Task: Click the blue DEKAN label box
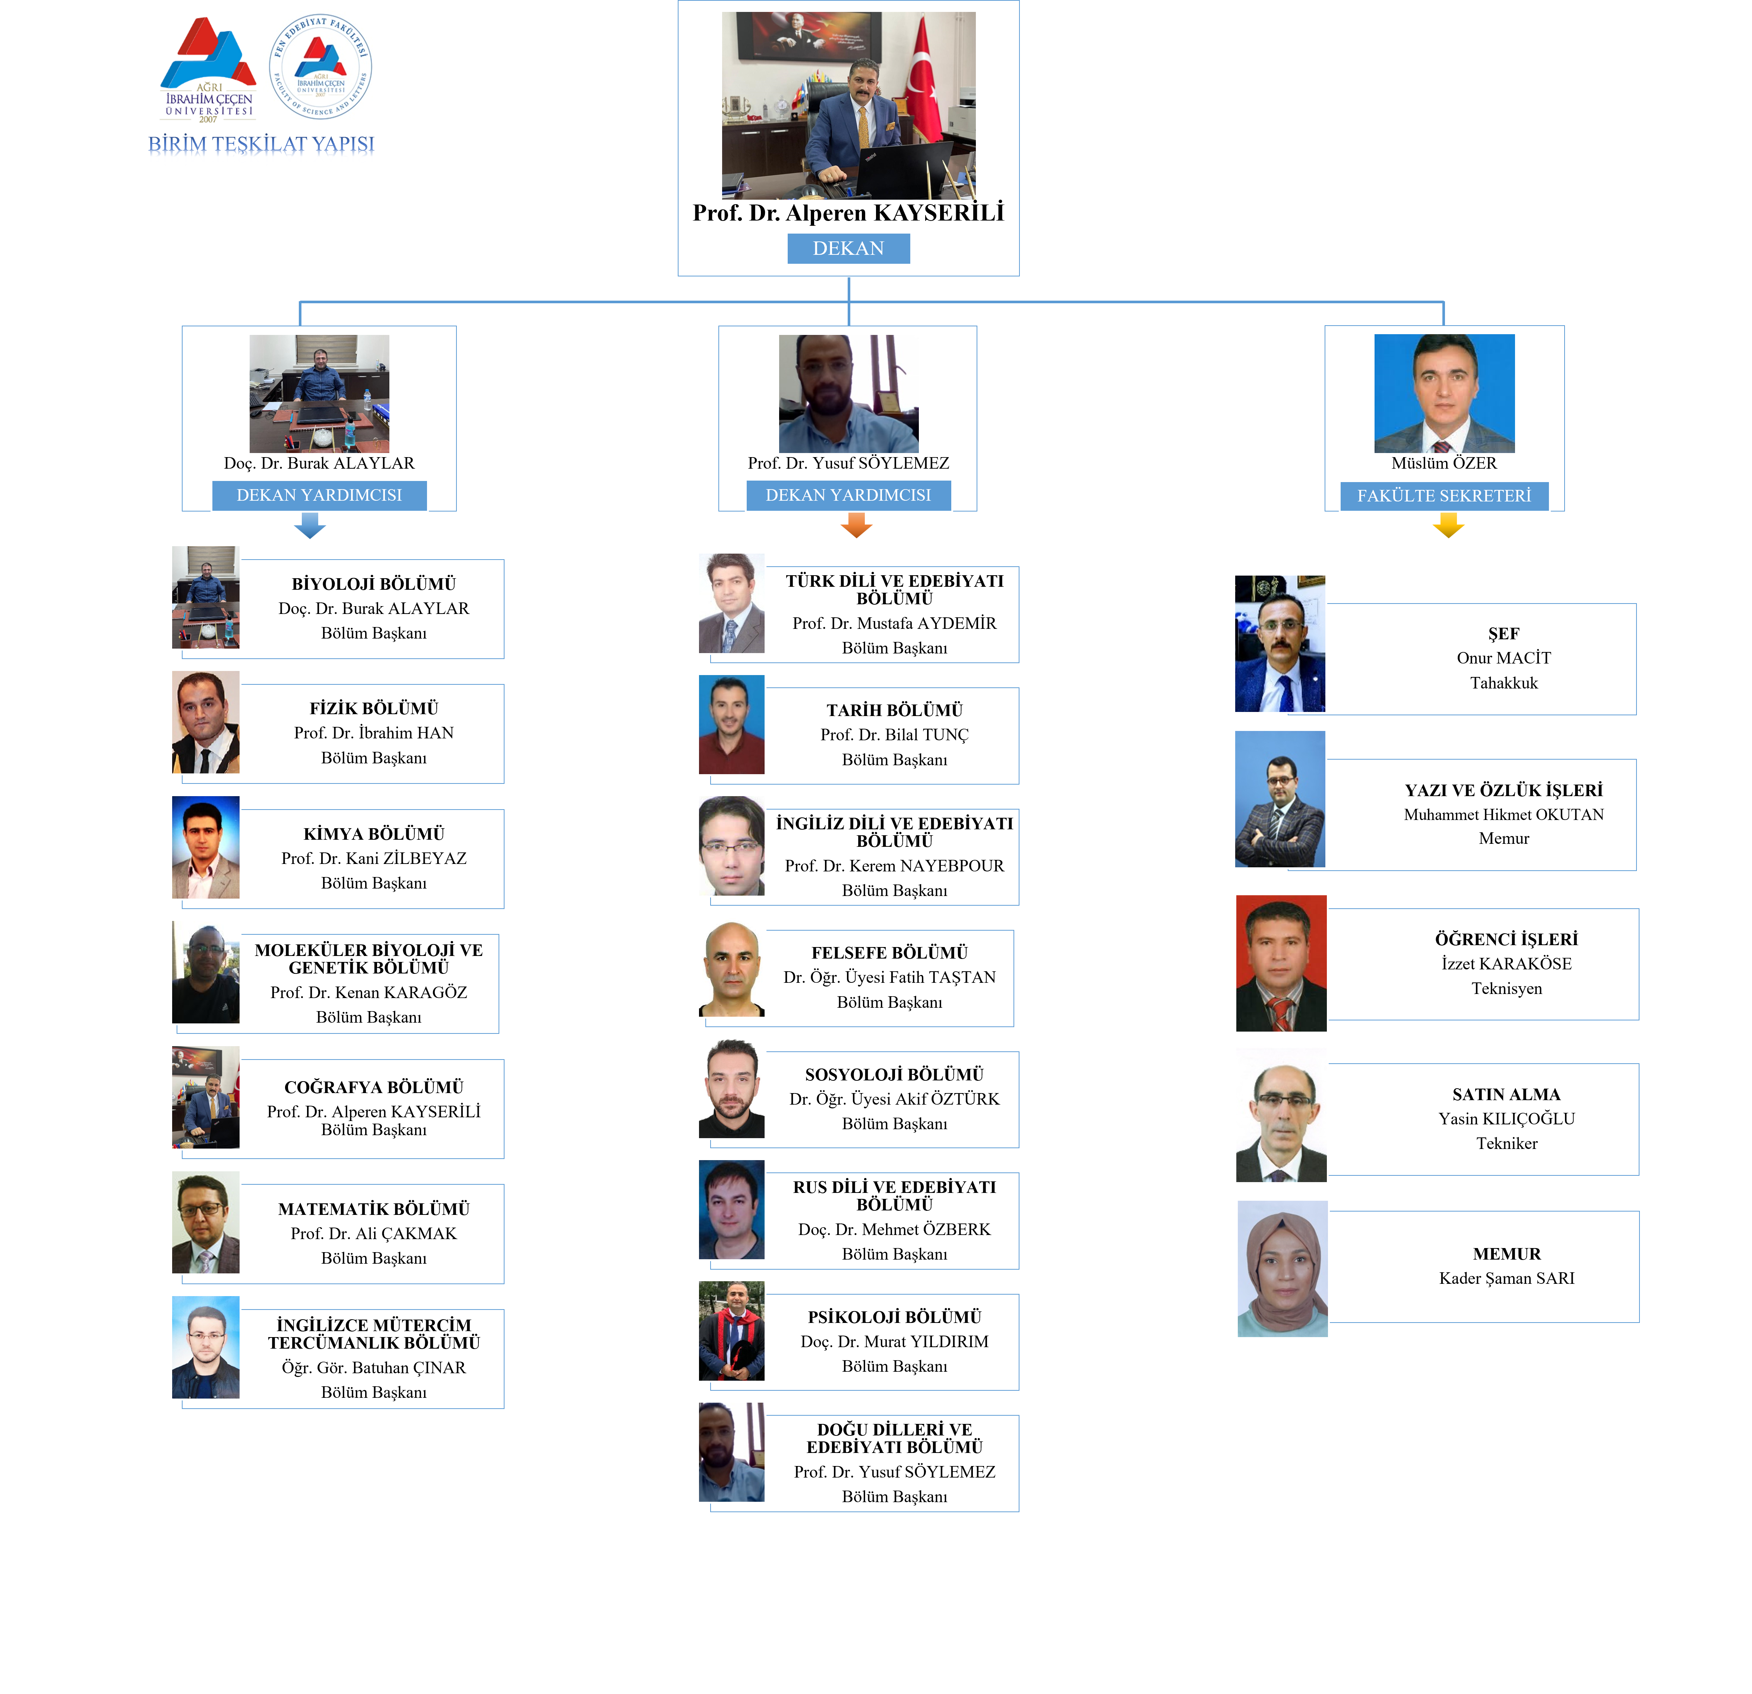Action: [848, 248]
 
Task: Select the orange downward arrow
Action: [856, 525]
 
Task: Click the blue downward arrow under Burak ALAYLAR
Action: [310, 525]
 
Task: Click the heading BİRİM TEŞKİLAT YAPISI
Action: [261, 144]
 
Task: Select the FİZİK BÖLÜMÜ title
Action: [374, 708]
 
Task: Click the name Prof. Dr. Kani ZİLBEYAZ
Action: [374, 858]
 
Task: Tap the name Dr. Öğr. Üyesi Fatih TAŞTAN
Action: [889, 977]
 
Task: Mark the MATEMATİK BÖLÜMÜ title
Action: [374, 1209]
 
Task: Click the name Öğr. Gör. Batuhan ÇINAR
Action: [374, 1368]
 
